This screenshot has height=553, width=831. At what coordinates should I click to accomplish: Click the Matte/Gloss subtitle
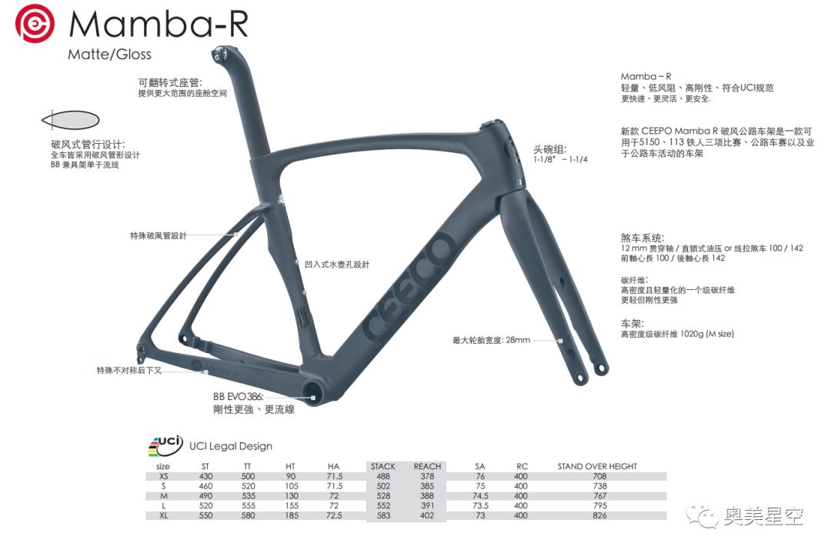tap(109, 54)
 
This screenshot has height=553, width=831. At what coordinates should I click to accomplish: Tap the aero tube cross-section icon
tap(69, 120)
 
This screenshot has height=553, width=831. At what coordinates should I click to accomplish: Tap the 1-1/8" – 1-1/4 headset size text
tap(560, 159)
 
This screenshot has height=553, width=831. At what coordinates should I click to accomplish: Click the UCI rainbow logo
tap(165, 445)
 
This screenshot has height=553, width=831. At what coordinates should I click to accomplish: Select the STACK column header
tap(382, 466)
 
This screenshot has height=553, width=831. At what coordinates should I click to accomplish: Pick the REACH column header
tap(427, 466)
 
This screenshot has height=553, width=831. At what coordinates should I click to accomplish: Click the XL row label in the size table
tap(163, 515)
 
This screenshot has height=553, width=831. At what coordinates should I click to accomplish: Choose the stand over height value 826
tap(597, 515)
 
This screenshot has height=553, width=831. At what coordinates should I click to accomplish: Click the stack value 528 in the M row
tap(382, 495)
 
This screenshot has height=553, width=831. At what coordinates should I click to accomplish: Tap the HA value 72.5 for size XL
tap(334, 515)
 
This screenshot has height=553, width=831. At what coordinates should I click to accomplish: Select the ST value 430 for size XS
tap(205, 476)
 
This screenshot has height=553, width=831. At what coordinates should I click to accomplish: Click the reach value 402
tap(427, 515)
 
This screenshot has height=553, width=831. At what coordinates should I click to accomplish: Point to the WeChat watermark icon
tap(705, 515)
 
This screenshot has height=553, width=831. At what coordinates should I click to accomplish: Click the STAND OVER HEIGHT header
tap(597, 466)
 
